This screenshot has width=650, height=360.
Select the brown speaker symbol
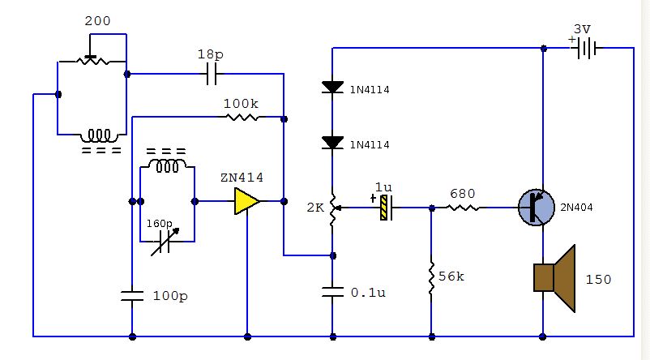(x=554, y=278)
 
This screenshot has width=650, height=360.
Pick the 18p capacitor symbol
(x=211, y=75)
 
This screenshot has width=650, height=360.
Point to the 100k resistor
(x=242, y=118)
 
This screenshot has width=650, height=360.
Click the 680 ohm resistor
(x=463, y=208)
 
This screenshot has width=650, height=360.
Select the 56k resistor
(x=431, y=276)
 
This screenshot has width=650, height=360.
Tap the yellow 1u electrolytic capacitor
(x=385, y=208)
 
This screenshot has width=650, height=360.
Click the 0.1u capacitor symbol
(x=332, y=291)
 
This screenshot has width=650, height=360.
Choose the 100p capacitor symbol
(x=131, y=296)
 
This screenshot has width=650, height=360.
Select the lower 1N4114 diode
(x=332, y=143)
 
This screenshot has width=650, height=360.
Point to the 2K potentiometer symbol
(x=332, y=209)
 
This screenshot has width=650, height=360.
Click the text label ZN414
(x=242, y=178)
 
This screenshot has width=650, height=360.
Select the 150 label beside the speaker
(x=598, y=280)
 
